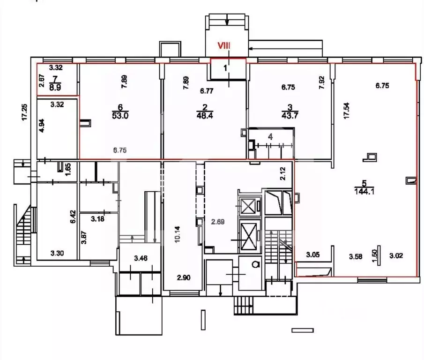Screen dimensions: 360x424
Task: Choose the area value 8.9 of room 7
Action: pos(56,87)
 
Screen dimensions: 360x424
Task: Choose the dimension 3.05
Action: pos(313,255)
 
